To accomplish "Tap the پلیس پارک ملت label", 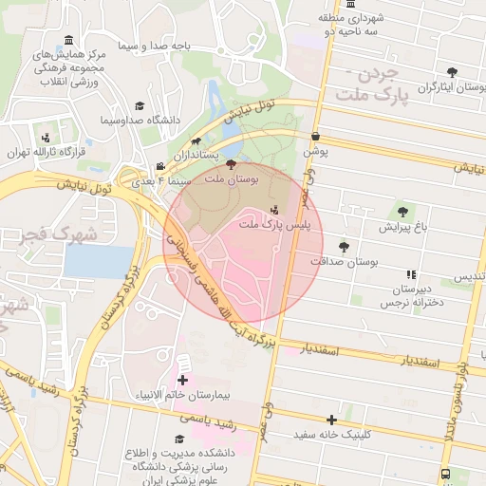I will pyautogui.click(x=261, y=224).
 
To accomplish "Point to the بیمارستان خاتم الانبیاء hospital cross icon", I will pyautogui.click(x=182, y=381).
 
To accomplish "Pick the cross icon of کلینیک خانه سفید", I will pyautogui.click(x=331, y=420).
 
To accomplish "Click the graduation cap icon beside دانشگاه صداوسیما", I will pyautogui.click(x=140, y=106).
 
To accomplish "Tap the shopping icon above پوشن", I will pyautogui.click(x=315, y=138).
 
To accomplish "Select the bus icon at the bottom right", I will pyautogui.click(x=446, y=475).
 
